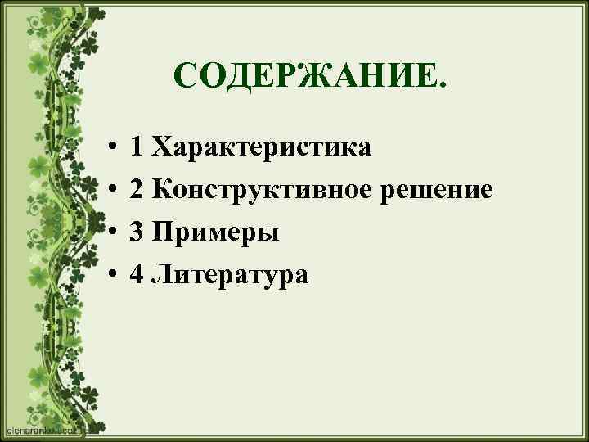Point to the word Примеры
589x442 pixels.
[215, 233]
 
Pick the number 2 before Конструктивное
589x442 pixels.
[137, 191]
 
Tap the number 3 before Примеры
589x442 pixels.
[137, 233]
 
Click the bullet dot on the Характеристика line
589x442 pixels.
[110, 148]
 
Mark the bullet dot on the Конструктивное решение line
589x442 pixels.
[110, 192]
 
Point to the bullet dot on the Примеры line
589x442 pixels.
[110, 234]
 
